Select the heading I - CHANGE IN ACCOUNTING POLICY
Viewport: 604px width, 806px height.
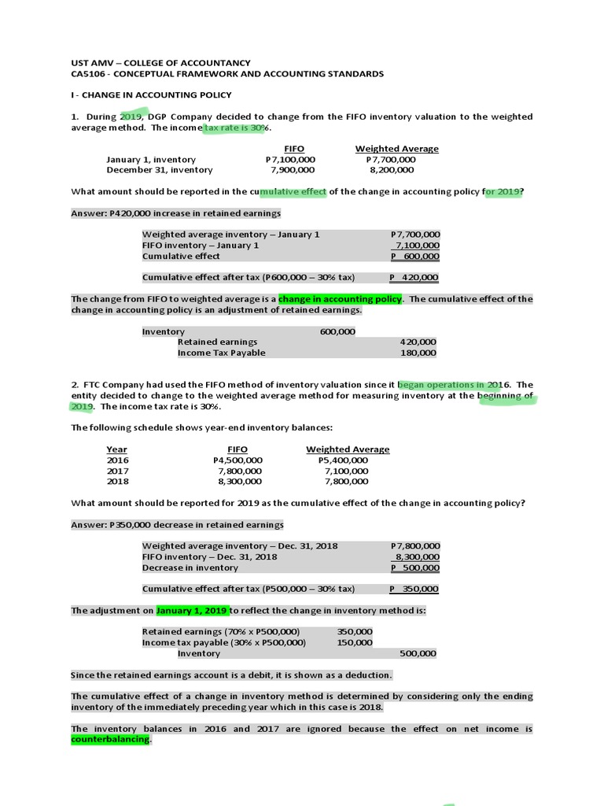[151, 95]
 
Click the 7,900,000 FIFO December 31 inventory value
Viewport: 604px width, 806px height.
[292, 169]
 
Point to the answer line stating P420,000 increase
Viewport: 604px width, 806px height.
[175, 213]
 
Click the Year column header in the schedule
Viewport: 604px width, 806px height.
[116, 449]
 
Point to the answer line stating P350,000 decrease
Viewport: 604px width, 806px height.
[178, 525]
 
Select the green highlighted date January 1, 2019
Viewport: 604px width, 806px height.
[193, 610]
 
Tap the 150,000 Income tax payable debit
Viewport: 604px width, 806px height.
[355, 642]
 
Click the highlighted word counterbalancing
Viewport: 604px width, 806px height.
[110, 740]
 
